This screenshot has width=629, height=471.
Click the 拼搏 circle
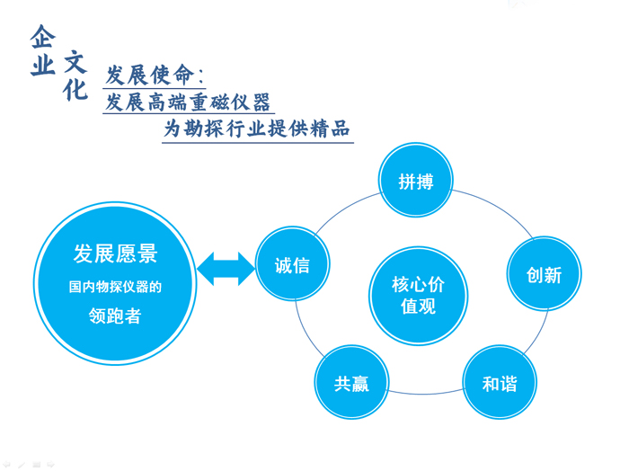coord(415,181)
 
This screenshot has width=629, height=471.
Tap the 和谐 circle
coord(500,384)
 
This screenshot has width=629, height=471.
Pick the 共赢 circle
coord(351,384)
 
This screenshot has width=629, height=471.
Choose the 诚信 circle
coord(293,264)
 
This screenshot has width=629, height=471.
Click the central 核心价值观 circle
coord(418,296)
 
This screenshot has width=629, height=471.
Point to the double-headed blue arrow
coord(225,266)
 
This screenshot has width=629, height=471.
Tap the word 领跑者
coord(115,316)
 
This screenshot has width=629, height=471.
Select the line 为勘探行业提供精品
coord(257,129)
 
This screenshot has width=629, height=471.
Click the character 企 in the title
coord(42,36)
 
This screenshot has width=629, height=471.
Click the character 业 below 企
coord(42,66)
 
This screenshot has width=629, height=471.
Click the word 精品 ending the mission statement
coord(328,129)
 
